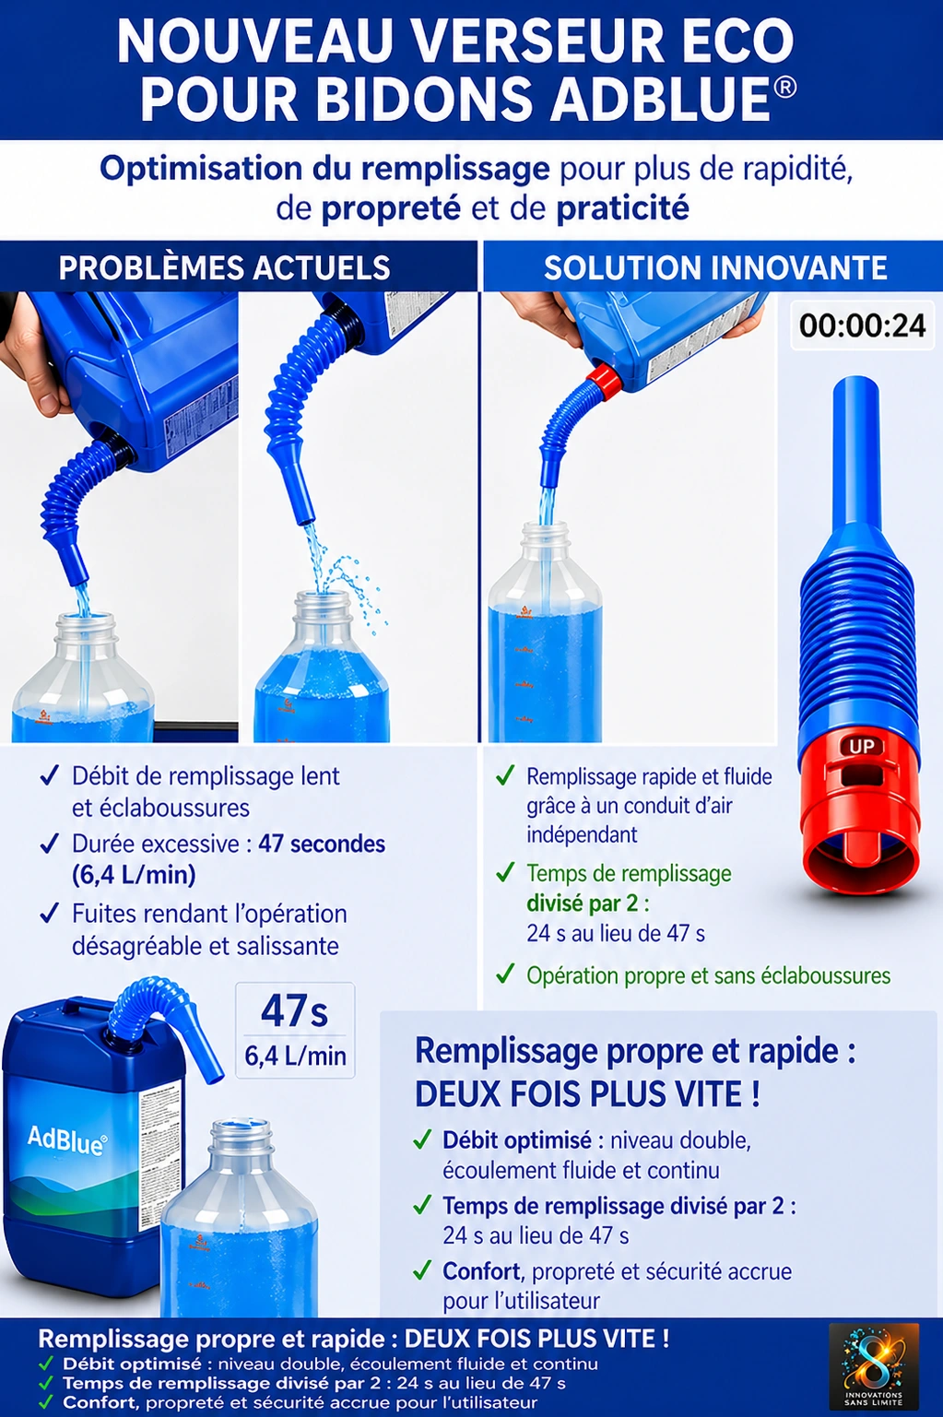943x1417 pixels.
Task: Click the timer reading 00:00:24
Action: point(862,325)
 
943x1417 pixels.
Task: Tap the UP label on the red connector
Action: point(861,746)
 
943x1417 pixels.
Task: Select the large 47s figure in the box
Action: point(294,1010)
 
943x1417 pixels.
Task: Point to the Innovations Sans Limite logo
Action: point(873,1365)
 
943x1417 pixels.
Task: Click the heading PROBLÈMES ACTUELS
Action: point(224,267)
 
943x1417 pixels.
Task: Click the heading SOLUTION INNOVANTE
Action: point(715,267)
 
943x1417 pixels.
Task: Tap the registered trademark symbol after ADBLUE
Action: point(784,88)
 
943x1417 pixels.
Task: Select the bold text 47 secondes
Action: point(322,844)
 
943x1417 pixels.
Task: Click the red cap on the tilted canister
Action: point(603,380)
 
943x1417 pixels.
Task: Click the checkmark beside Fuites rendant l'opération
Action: point(50,914)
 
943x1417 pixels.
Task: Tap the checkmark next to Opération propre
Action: point(504,974)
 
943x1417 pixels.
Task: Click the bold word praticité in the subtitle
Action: point(622,208)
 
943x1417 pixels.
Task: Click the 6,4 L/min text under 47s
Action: point(295,1056)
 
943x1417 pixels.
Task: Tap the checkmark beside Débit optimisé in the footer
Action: point(46,1364)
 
